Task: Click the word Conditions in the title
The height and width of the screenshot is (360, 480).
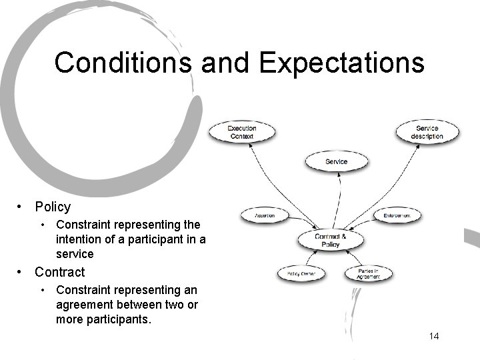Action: (x=123, y=63)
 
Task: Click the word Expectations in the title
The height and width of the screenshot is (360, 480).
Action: (x=341, y=63)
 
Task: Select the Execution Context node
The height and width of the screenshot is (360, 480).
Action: (x=242, y=132)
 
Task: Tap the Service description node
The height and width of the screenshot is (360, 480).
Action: (x=427, y=132)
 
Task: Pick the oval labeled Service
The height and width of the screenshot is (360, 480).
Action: (x=336, y=161)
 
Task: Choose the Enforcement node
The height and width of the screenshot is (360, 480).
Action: (x=402, y=215)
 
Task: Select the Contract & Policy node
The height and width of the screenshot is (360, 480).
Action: (x=330, y=241)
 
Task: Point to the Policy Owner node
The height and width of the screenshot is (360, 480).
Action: (x=301, y=273)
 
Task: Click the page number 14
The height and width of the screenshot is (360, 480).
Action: (x=434, y=336)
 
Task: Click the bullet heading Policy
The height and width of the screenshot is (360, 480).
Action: (x=53, y=207)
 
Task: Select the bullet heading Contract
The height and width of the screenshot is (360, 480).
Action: (x=60, y=272)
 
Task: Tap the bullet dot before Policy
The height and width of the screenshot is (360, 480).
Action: (x=22, y=207)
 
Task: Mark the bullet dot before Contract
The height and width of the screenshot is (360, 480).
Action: (x=22, y=272)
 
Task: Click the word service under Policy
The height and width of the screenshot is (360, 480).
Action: (x=75, y=254)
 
